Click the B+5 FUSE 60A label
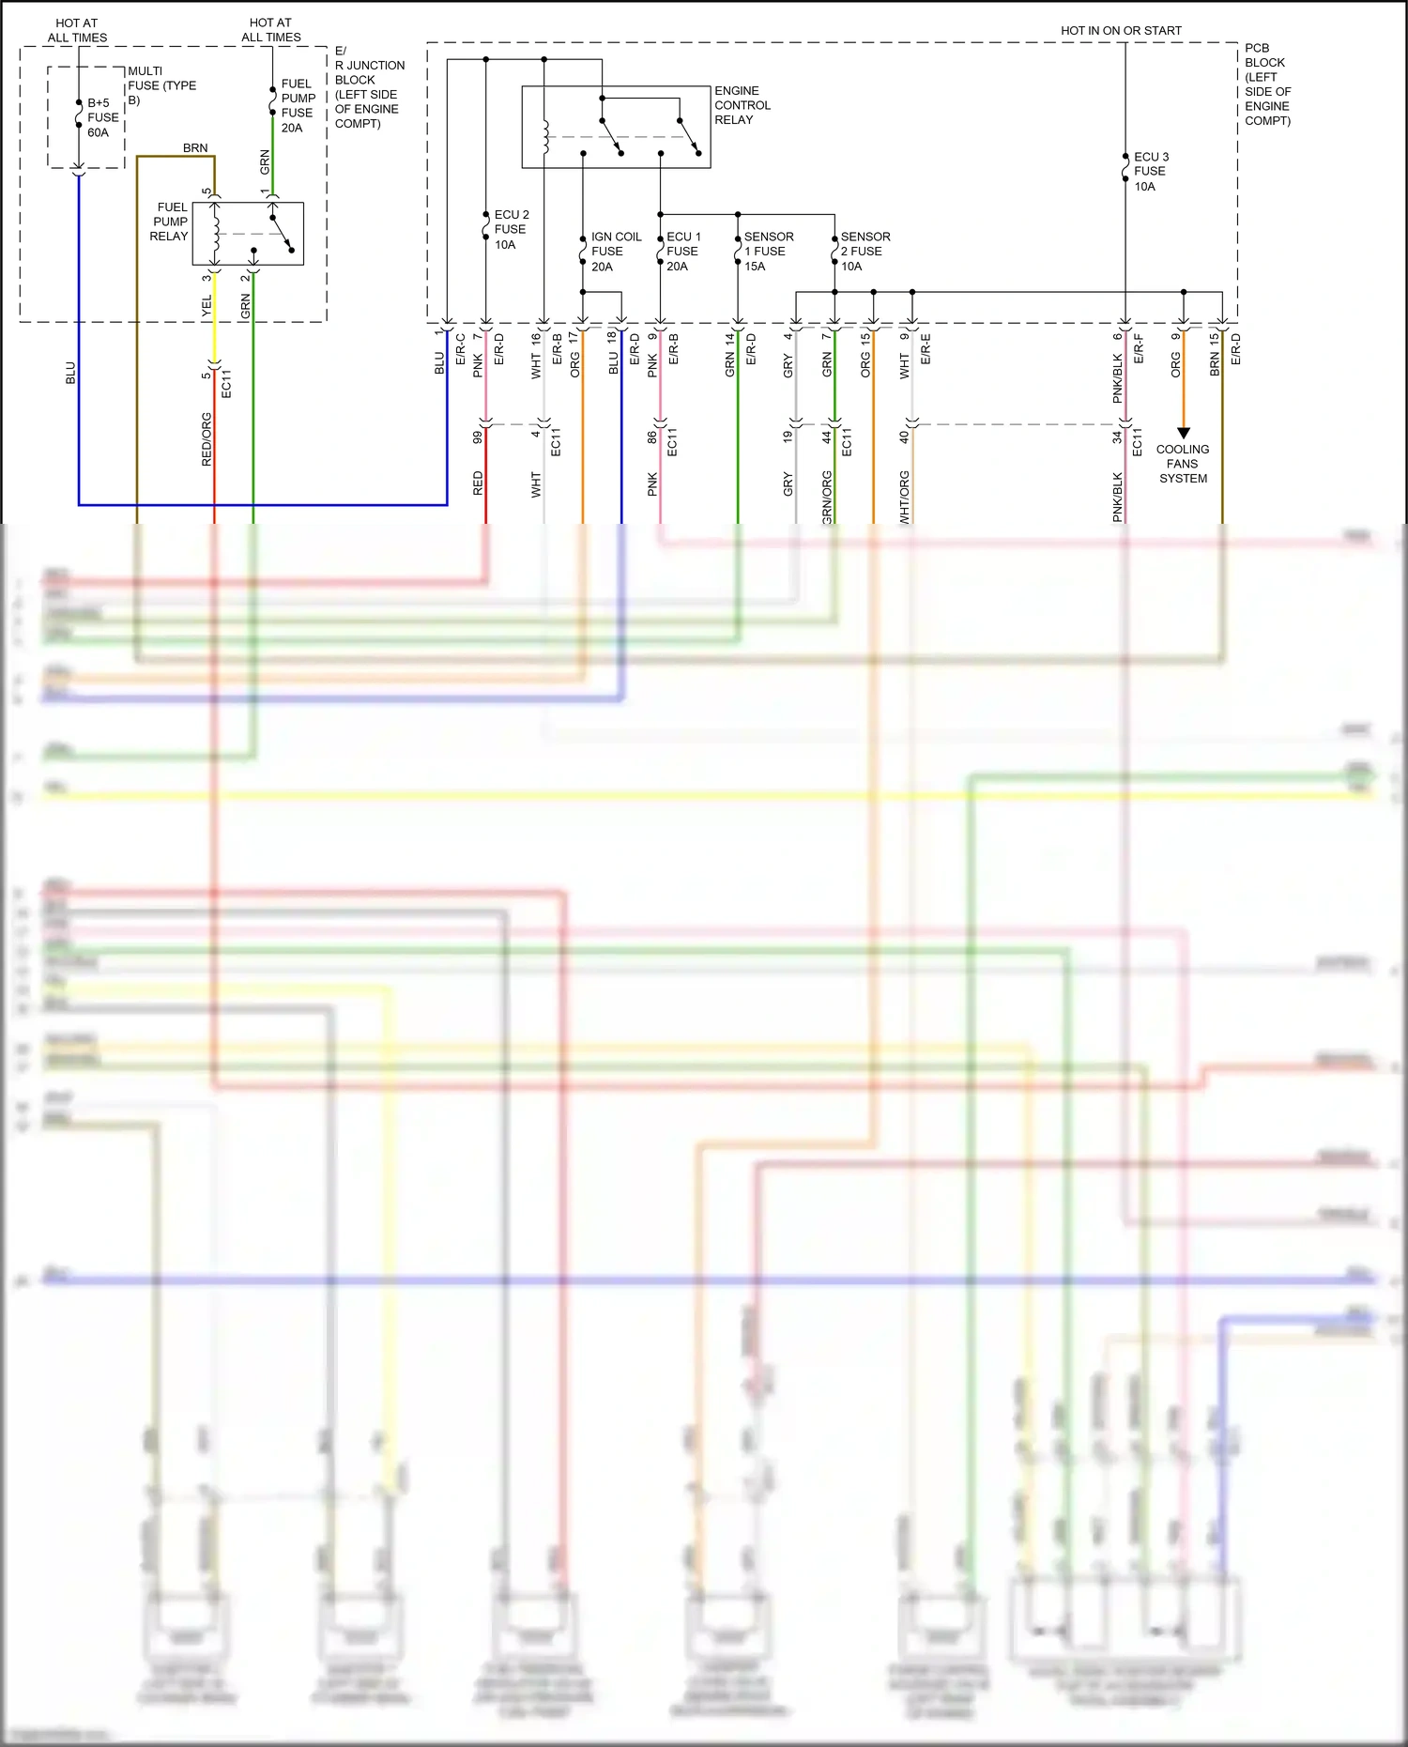[102, 117]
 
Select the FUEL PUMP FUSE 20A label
[298, 105]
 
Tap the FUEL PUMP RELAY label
[170, 222]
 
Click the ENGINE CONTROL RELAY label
[742, 105]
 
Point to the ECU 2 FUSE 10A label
[511, 229]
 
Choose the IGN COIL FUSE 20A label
[615, 252]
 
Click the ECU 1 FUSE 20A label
[682, 252]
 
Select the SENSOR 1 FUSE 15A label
[768, 252]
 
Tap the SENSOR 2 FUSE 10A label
[865, 252]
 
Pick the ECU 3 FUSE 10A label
[1150, 171]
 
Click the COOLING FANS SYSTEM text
[1183, 464]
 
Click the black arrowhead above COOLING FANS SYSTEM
[1184, 433]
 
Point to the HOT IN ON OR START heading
[1121, 31]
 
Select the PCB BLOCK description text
[1267, 84]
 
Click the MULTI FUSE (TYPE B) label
[161, 84]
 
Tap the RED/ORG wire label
[207, 439]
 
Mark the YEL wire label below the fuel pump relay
[207, 306]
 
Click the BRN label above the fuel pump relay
[195, 148]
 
